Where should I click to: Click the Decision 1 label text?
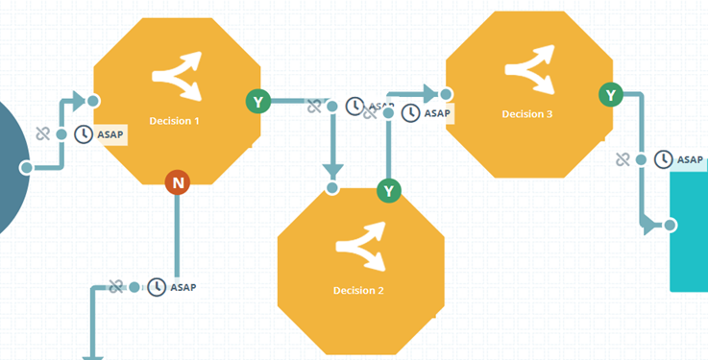tap(175, 121)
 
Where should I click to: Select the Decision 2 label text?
tap(358, 291)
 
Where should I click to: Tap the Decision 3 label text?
tap(527, 114)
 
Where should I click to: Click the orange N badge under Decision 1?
tap(178, 182)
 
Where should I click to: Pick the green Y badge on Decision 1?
tap(257, 101)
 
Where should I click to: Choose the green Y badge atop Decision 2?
tap(388, 190)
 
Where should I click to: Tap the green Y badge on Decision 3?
tap(610, 94)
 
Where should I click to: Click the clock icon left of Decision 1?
tap(84, 134)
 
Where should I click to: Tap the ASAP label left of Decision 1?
tap(110, 134)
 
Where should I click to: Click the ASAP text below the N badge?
tap(183, 287)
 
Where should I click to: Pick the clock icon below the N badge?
tap(157, 287)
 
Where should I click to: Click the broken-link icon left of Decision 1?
tap(42, 134)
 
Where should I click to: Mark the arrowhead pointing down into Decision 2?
tap(332, 171)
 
